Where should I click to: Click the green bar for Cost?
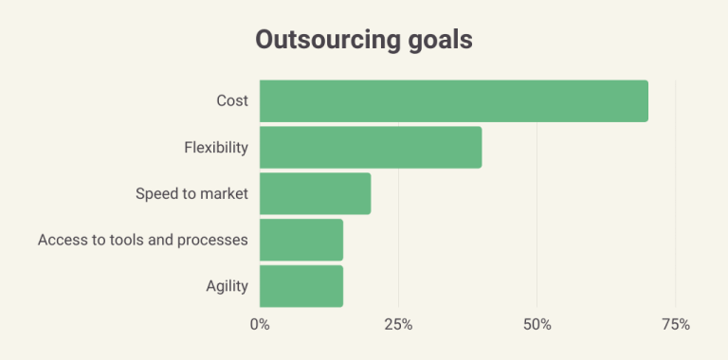tap(453, 101)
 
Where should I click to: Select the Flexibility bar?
tap(370, 148)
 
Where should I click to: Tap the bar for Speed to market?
tap(315, 193)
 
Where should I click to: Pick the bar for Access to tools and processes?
tap(300, 240)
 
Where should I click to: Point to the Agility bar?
tap(300, 286)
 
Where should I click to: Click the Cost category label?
tap(231, 101)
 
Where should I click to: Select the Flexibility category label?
tap(215, 148)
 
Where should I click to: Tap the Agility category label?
tap(227, 286)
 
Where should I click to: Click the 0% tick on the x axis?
tap(260, 325)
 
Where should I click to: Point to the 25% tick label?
tap(398, 325)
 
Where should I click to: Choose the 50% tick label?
tap(537, 325)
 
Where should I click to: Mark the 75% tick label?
tap(675, 325)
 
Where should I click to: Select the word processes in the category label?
tap(211, 240)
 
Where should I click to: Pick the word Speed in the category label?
tap(155, 193)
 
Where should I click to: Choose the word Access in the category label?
tap(61, 240)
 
